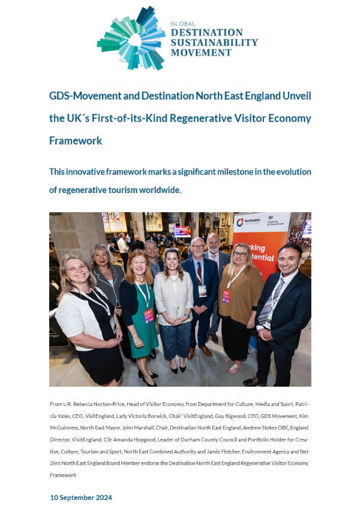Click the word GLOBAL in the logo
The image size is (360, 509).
(182, 24)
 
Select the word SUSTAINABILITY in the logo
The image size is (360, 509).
(214, 43)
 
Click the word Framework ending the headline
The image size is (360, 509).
(76, 141)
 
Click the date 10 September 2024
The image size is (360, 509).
(80, 498)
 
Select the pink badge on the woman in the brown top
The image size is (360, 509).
(226, 296)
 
